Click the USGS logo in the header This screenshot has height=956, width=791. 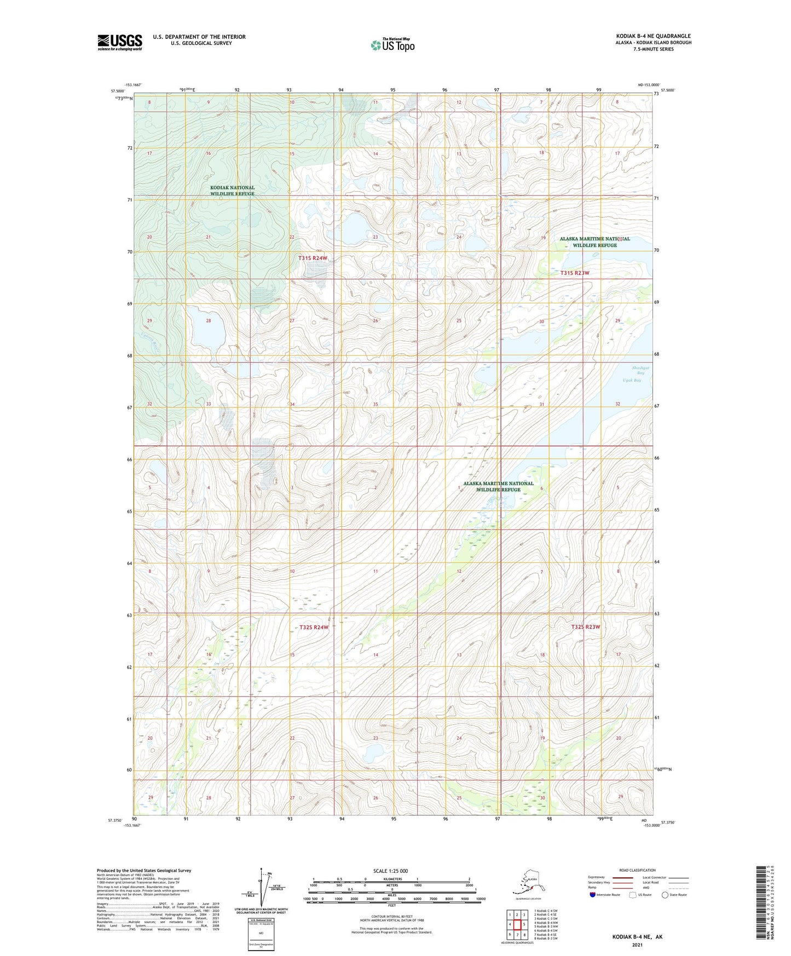click(119, 42)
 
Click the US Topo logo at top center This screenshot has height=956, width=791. click(392, 45)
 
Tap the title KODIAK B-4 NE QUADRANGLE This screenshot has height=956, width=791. click(653, 36)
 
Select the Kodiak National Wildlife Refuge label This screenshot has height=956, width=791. click(232, 191)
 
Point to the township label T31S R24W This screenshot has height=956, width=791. click(313, 258)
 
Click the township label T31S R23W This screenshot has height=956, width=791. click(575, 273)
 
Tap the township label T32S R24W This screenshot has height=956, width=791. click(314, 627)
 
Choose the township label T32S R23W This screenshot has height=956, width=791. click(586, 626)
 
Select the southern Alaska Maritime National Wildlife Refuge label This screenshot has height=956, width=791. click(498, 486)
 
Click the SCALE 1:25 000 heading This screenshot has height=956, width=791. click(390, 871)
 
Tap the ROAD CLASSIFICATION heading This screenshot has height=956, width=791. click(637, 870)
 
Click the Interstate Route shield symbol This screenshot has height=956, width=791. click(593, 895)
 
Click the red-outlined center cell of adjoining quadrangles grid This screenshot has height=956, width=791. click(517, 925)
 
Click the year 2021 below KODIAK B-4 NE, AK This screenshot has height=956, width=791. click(637, 945)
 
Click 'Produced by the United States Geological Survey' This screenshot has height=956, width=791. click(144, 870)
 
